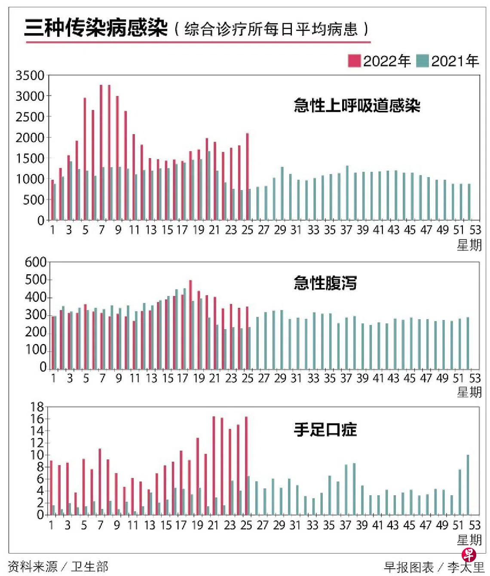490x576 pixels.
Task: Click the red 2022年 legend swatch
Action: (x=354, y=61)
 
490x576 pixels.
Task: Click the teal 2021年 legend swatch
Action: (x=423, y=61)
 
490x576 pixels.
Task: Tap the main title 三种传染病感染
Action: (x=96, y=28)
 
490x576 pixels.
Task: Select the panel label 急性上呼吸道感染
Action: (x=357, y=105)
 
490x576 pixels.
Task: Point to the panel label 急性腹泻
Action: (x=325, y=283)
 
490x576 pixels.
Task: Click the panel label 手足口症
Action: (x=325, y=429)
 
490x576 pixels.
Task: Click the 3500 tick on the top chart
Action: (x=30, y=76)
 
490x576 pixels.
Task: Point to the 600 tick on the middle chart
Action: (x=36, y=262)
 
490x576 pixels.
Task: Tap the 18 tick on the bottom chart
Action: (x=37, y=407)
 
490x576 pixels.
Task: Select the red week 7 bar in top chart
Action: (x=101, y=152)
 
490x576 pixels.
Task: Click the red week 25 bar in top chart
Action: (x=247, y=176)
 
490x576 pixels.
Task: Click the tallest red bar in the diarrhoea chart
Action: (x=190, y=325)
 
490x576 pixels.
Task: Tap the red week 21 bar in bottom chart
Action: (x=214, y=465)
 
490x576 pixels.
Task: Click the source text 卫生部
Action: (x=90, y=567)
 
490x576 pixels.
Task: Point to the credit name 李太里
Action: (x=465, y=567)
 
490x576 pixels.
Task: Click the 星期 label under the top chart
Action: (x=469, y=245)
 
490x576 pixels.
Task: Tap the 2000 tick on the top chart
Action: (x=30, y=138)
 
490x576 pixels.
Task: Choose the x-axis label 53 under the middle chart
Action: (x=475, y=378)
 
